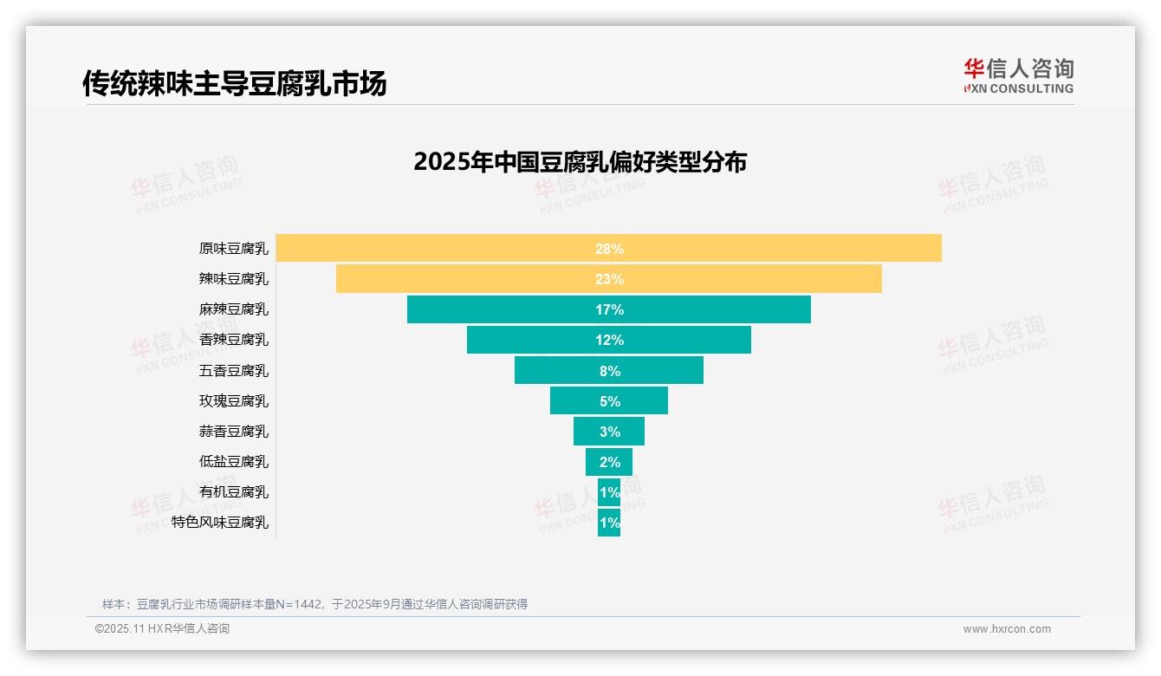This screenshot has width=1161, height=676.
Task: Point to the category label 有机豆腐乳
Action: [233, 492]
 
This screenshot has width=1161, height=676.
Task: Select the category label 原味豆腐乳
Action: [233, 249]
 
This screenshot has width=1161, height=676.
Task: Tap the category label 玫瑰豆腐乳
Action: [233, 401]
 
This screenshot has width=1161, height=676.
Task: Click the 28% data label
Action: [609, 249]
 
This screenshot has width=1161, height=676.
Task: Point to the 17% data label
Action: [609, 309]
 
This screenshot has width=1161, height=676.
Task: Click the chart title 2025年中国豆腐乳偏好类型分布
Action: [580, 162]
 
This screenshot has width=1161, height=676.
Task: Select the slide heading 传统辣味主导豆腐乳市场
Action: [234, 83]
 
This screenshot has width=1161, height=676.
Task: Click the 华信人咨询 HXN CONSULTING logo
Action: [1018, 75]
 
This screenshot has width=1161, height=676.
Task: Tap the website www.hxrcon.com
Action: [1007, 629]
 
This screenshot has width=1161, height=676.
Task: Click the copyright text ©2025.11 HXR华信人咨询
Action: [162, 629]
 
